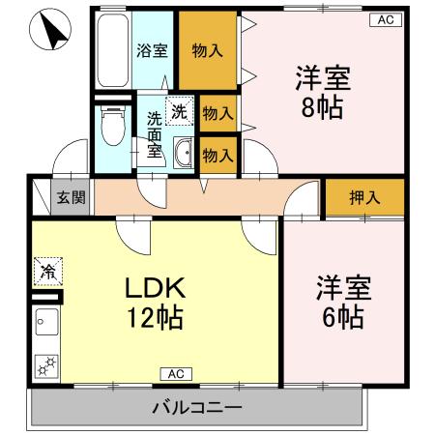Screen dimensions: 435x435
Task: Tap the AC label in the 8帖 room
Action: [x=385, y=19]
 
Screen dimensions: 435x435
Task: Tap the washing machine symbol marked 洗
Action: [x=179, y=110]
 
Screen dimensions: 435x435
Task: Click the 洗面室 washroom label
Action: [x=155, y=135]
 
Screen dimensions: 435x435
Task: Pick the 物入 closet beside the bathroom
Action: [x=207, y=51]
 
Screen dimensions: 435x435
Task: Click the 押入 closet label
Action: [x=364, y=197]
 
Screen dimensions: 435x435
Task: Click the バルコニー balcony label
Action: [x=196, y=407]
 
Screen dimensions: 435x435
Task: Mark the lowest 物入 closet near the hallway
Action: [x=218, y=153]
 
